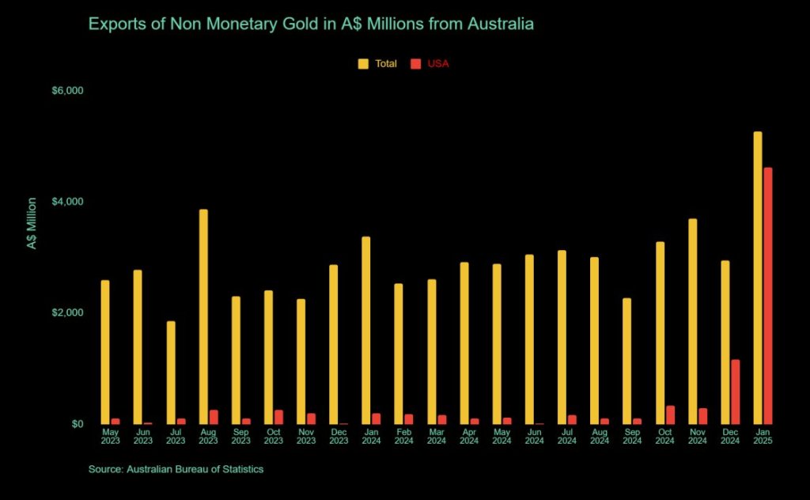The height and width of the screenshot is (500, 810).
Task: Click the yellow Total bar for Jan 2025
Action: [x=757, y=278]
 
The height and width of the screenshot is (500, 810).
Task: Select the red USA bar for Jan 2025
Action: [x=767, y=296]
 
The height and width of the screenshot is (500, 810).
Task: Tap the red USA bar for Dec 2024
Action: [x=735, y=392]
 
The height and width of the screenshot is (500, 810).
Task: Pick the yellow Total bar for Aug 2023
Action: [x=203, y=316]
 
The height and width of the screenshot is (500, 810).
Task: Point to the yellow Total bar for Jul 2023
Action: [x=171, y=373]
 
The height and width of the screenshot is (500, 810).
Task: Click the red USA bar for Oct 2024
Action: [x=670, y=415]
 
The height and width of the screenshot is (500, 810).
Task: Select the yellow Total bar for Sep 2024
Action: [x=626, y=361]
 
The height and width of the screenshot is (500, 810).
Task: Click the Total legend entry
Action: [x=377, y=63]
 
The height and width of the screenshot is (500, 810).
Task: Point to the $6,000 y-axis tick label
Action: [x=67, y=91]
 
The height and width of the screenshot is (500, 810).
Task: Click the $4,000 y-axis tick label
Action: [x=67, y=202]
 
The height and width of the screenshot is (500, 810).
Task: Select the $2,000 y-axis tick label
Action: [x=67, y=313]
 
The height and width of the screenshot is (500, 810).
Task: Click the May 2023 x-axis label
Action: [x=110, y=436]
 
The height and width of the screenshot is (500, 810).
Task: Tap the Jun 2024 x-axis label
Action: [x=534, y=436]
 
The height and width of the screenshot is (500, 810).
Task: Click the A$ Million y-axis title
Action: [x=32, y=224]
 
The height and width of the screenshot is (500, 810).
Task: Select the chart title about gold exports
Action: [x=311, y=24]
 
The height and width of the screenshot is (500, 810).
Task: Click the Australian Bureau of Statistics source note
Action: [x=176, y=469]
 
